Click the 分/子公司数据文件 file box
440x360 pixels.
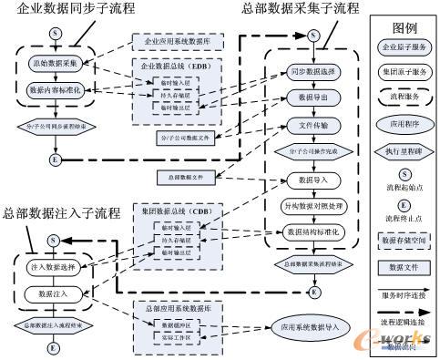pos(181,137)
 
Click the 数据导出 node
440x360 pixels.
pos(313,96)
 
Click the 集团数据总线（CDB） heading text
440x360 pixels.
pos(168,211)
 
